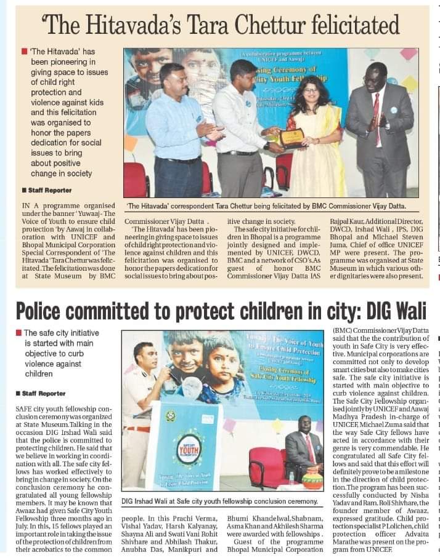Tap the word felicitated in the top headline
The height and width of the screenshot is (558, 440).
pyautogui.click(x=353, y=25)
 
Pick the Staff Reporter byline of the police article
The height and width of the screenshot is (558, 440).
pyautogui.click(x=44, y=393)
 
